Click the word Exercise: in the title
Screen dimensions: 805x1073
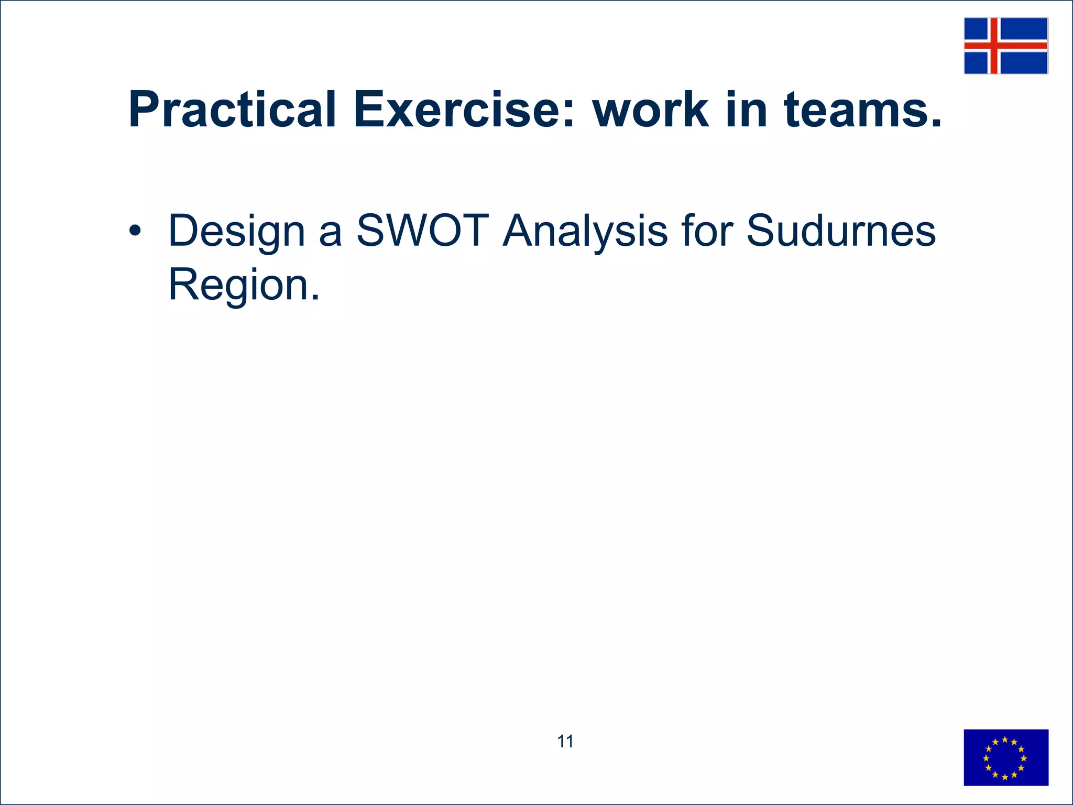(x=464, y=110)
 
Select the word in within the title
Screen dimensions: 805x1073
(x=746, y=110)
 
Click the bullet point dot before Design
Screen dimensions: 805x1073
(x=135, y=231)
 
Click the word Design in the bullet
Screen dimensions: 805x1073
(x=236, y=231)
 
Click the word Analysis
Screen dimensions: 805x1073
(x=585, y=231)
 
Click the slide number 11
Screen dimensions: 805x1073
(x=565, y=742)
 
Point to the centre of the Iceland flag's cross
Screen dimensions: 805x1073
(x=994, y=46)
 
